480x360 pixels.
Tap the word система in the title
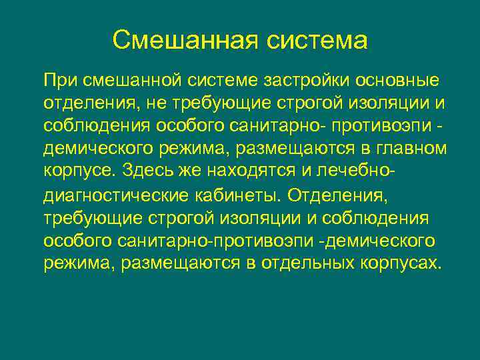coord(318,39)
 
